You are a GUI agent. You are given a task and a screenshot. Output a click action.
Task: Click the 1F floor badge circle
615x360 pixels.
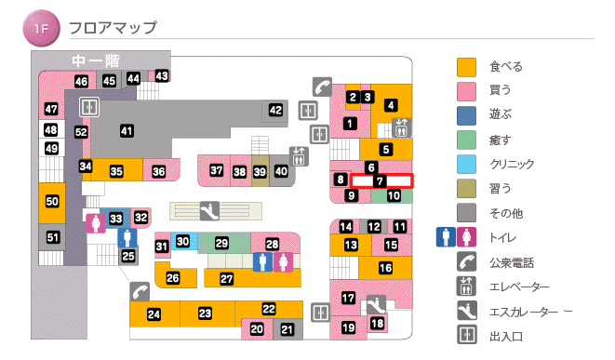click(41, 28)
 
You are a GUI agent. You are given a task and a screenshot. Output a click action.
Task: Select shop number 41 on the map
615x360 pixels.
click(127, 131)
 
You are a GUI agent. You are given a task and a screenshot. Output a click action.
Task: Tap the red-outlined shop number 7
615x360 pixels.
click(381, 180)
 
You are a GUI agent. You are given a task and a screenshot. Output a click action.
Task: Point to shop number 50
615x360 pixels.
click(52, 201)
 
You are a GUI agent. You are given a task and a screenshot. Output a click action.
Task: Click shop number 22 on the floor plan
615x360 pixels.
click(269, 309)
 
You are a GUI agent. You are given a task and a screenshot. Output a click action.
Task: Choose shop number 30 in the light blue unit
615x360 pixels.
click(183, 242)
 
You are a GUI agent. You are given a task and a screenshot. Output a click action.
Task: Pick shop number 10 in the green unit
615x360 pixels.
click(394, 195)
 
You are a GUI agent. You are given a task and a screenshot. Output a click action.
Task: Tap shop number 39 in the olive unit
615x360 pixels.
click(260, 171)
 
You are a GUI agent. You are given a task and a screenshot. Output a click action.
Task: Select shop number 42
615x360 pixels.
click(275, 110)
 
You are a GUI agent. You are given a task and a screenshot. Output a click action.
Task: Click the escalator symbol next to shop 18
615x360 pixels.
click(375, 304)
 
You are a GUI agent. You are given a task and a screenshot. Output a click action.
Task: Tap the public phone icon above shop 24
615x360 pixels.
click(140, 290)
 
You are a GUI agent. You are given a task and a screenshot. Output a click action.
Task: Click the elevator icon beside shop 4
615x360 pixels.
click(403, 127)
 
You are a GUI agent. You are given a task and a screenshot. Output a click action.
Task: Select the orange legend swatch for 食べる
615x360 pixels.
click(466, 66)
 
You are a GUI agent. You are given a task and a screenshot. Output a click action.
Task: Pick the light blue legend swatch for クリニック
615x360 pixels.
click(466, 164)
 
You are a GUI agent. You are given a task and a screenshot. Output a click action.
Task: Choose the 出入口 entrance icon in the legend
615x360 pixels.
click(466, 335)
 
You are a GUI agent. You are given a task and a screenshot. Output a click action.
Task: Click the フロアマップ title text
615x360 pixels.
click(113, 28)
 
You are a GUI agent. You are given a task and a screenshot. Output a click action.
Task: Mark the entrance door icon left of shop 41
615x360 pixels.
click(89, 106)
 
